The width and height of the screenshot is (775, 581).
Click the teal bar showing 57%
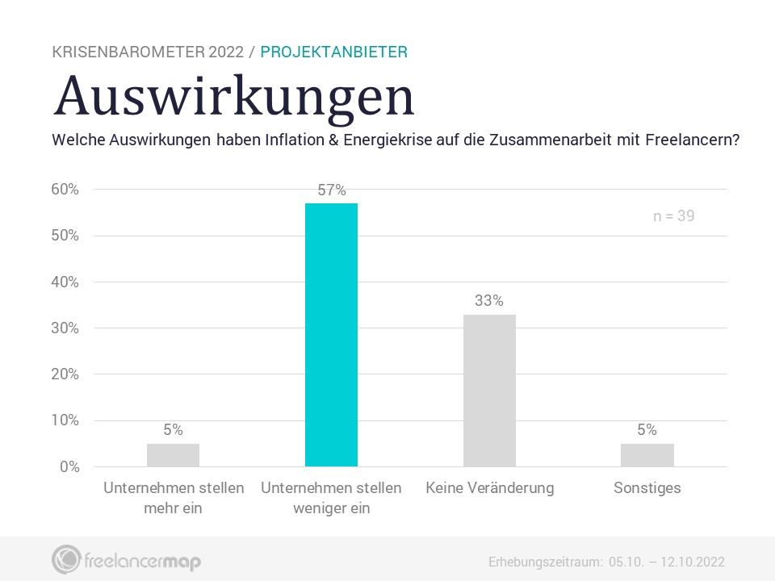pyautogui.click(x=331, y=335)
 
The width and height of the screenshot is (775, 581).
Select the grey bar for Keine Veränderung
pyautogui.click(x=489, y=391)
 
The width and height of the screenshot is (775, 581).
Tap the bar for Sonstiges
pyautogui.click(x=647, y=455)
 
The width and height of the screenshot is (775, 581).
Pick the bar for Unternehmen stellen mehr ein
pyautogui.click(x=173, y=455)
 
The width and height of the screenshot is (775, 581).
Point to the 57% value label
pyautogui.click(x=331, y=190)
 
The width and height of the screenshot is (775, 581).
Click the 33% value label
pyautogui.click(x=489, y=301)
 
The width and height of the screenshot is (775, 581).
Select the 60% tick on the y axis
pyautogui.click(x=65, y=190)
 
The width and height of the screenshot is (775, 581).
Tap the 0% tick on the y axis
pyautogui.click(x=69, y=466)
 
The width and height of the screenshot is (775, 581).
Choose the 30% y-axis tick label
pyautogui.click(x=65, y=328)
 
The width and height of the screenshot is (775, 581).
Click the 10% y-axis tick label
pyautogui.click(x=65, y=420)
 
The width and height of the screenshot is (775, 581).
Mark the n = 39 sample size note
pyautogui.click(x=673, y=216)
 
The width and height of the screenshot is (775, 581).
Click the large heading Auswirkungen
pyautogui.click(x=234, y=96)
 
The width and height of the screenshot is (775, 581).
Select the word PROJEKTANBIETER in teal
pyautogui.click(x=333, y=52)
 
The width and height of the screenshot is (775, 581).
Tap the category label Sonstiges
pyautogui.click(x=647, y=488)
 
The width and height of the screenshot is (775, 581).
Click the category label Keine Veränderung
pyautogui.click(x=489, y=488)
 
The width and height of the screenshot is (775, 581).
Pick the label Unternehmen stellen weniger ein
pyautogui.click(x=331, y=498)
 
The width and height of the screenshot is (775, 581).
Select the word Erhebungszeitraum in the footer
pyautogui.click(x=546, y=562)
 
